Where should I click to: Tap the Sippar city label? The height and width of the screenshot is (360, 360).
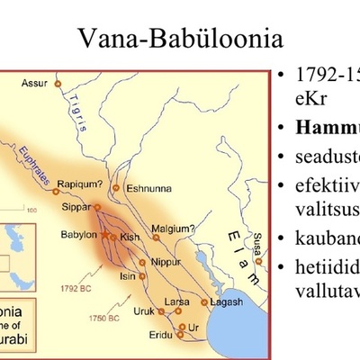(x=76, y=206)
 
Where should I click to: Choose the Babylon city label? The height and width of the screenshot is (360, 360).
(x=79, y=234)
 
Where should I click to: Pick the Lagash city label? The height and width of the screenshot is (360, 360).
(x=226, y=302)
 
